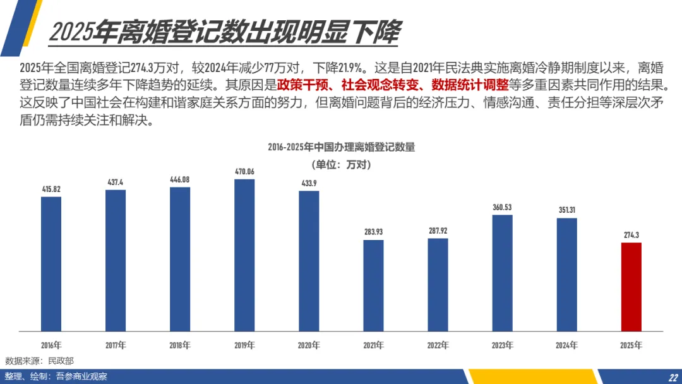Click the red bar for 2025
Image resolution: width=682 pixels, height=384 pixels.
(x=631, y=287)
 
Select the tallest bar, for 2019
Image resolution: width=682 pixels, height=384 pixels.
(x=244, y=255)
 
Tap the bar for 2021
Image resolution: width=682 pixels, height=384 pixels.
(x=374, y=285)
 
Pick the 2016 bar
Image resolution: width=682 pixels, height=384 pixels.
(x=51, y=264)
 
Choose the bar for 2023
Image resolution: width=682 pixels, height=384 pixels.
(x=503, y=273)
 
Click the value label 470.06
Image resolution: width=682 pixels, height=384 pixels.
(x=244, y=172)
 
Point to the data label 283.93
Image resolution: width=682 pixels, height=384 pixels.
(x=374, y=232)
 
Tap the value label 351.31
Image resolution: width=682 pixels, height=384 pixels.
(x=566, y=210)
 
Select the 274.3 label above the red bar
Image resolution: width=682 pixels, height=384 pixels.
(x=631, y=236)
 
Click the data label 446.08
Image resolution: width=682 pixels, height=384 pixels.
(x=179, y=179)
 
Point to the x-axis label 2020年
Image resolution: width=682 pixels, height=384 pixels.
(x=309, y=345)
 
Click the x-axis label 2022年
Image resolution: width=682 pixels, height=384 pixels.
(x=438, y=345)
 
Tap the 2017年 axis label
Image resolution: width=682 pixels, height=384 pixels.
(x=116, y=345)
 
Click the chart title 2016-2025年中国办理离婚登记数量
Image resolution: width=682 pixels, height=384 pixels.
(x=342, y=147)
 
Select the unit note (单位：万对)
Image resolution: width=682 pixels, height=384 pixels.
(x=342, y=165)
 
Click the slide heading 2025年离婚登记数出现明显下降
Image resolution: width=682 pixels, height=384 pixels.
(x=225, y=32)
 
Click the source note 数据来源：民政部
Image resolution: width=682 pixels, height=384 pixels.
(x=40, y=361)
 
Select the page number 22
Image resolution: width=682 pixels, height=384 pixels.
(x=673, y=378)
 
